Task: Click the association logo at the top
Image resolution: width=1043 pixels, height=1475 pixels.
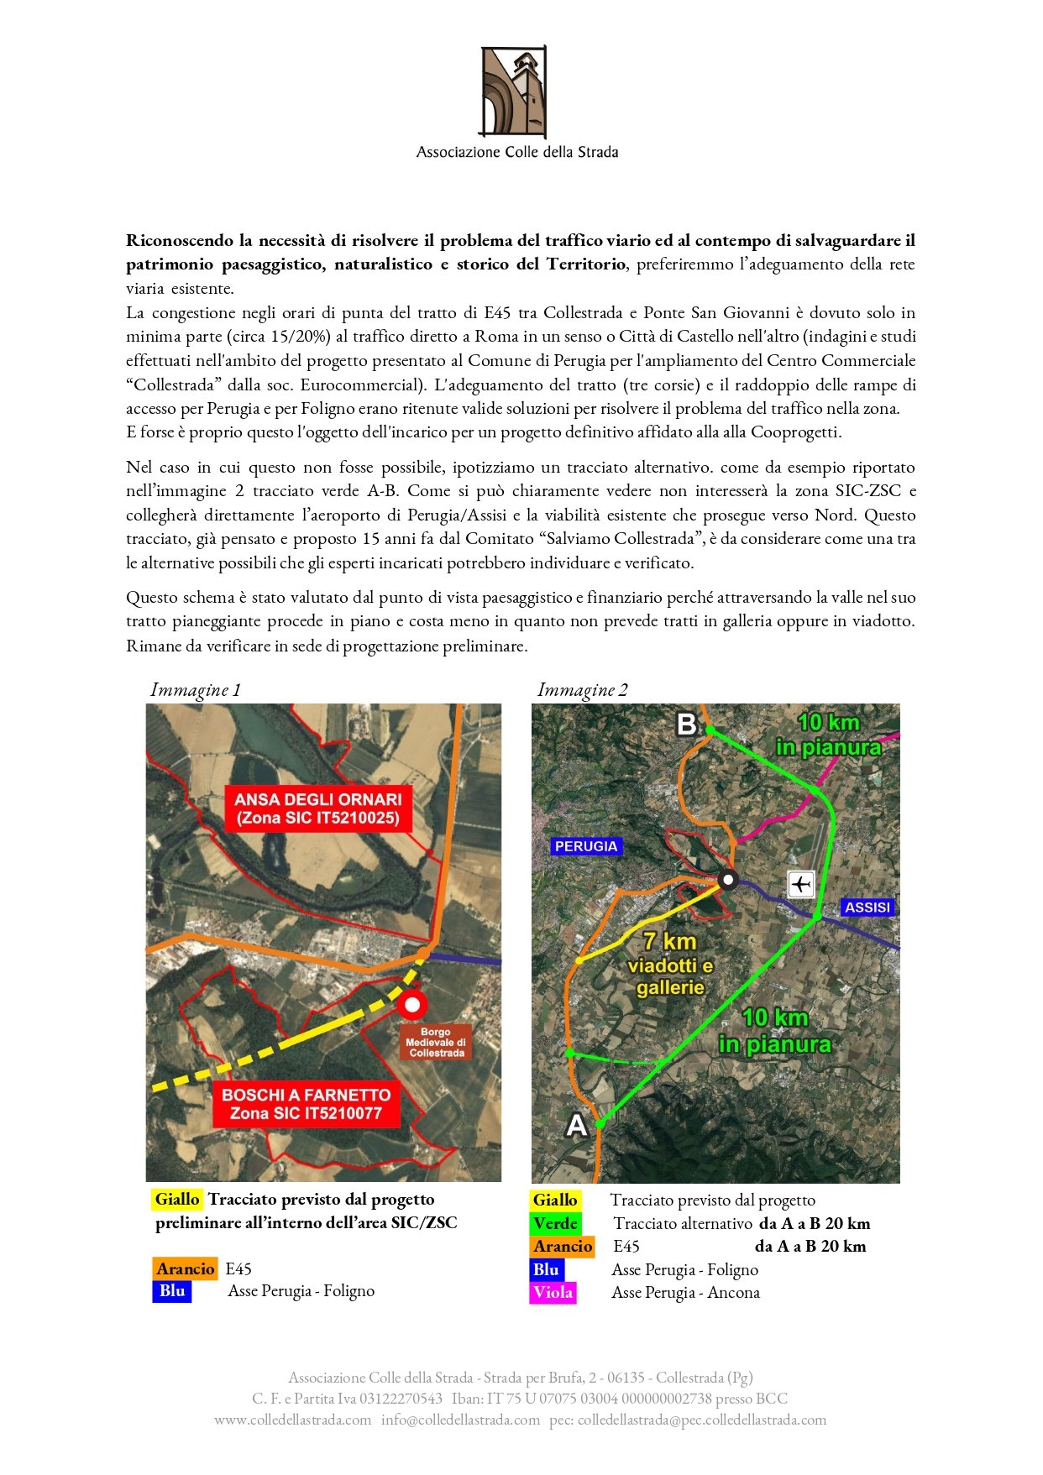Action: (513, 92)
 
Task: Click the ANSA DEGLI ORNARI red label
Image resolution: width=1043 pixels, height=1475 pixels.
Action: (318, 808)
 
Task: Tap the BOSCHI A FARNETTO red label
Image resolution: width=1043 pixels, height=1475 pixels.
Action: (306, 1104)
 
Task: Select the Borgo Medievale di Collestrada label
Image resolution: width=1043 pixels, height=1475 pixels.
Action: (436, 1043)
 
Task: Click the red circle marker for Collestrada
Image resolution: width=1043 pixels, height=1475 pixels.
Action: (411, 1004)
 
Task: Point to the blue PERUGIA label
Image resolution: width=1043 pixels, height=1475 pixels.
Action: (586, 846)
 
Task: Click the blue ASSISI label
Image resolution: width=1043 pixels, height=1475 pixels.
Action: (867, 907)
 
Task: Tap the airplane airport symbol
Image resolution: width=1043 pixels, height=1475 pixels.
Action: (801, 884)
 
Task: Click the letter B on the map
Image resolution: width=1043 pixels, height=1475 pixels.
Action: (687, 724)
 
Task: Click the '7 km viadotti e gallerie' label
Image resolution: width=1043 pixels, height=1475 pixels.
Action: (670, 965)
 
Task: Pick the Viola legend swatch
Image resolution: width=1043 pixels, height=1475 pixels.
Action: (553, 1293)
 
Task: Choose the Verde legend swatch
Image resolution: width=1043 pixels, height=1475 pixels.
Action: (555, 1224)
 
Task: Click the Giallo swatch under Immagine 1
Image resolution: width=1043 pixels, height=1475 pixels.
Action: (177, 1200)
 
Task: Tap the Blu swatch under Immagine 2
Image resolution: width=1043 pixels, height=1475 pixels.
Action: (546, 1270)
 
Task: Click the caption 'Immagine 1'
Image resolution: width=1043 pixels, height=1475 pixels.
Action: (195, 690)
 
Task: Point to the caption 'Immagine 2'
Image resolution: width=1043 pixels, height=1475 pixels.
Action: (582, 690)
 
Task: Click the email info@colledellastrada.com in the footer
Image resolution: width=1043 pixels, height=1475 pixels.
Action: (460, 1420)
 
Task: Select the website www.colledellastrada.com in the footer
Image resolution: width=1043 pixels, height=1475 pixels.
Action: (292, 1420)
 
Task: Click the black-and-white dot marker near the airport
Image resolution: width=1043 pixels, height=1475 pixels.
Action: (728, 880)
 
